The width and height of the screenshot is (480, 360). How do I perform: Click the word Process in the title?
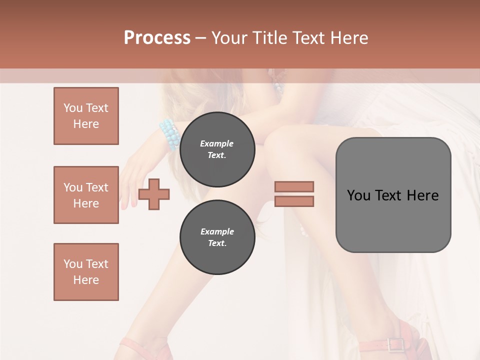click(157, 38)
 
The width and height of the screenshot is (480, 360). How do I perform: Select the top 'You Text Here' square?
click(86, 116)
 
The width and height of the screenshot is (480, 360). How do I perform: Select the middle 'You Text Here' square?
click(86, 195)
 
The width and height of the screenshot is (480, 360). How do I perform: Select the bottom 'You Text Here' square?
click(86, 272)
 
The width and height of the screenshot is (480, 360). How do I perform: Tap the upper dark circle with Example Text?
click(217, 149)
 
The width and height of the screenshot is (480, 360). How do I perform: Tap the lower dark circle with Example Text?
click(217, 237)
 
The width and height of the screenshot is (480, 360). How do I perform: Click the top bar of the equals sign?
click(294, 186)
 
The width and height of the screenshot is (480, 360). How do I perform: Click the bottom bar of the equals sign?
click(294, 201)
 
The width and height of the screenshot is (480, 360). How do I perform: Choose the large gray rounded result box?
click(393, 195)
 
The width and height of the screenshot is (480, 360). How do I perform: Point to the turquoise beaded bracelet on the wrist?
click(170, 134)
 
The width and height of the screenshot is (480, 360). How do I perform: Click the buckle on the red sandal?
click(396, 344)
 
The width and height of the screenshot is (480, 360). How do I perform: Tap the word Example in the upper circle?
click(217, 143)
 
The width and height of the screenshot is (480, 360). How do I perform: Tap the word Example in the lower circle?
click(217, 231)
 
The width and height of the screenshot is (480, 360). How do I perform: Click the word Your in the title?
click(229, 38)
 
